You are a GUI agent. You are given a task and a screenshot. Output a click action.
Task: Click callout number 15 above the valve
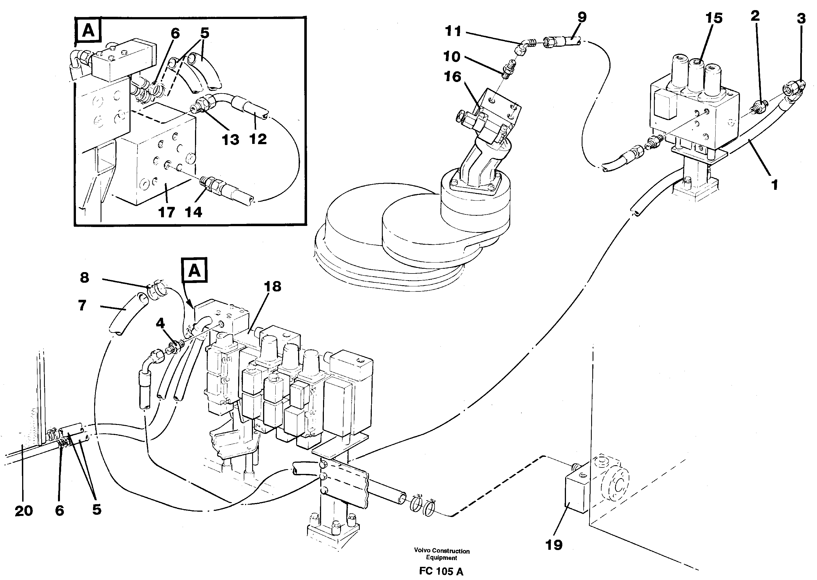pos(714,18)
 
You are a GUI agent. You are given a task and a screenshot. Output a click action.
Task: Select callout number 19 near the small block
pos(554,545)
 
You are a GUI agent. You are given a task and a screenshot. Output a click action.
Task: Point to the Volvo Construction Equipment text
pos(442,554)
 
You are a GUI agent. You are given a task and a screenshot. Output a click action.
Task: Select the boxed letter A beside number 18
pos(194,271)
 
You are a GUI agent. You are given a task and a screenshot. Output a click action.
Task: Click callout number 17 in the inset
pos(166,212)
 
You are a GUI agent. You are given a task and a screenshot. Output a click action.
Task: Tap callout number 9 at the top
pos(582,17)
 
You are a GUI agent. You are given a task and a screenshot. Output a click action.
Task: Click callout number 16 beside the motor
pos(452,76)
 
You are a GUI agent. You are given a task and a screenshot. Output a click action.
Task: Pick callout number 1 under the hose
pos(774,185)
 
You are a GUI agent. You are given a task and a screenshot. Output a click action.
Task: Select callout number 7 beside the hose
pos(82,306)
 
